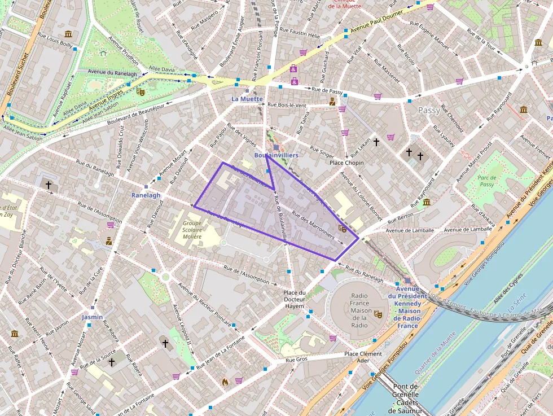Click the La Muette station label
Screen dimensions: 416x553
point(247,99)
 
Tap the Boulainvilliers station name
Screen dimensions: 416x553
point(276,155)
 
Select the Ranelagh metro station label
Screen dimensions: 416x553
point(146,195)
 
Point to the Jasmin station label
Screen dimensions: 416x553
point(92,317)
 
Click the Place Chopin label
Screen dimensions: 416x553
point(346,163)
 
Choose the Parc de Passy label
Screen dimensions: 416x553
point(486,181)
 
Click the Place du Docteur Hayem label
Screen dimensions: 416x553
point(294,299)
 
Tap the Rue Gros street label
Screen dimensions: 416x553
point(296,360)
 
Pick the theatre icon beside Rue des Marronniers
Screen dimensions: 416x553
point(342,229)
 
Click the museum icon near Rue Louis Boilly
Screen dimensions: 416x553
point(68,34)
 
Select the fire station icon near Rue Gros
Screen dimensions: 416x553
point(225,382)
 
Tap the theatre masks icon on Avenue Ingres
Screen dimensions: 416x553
point(140,90)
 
